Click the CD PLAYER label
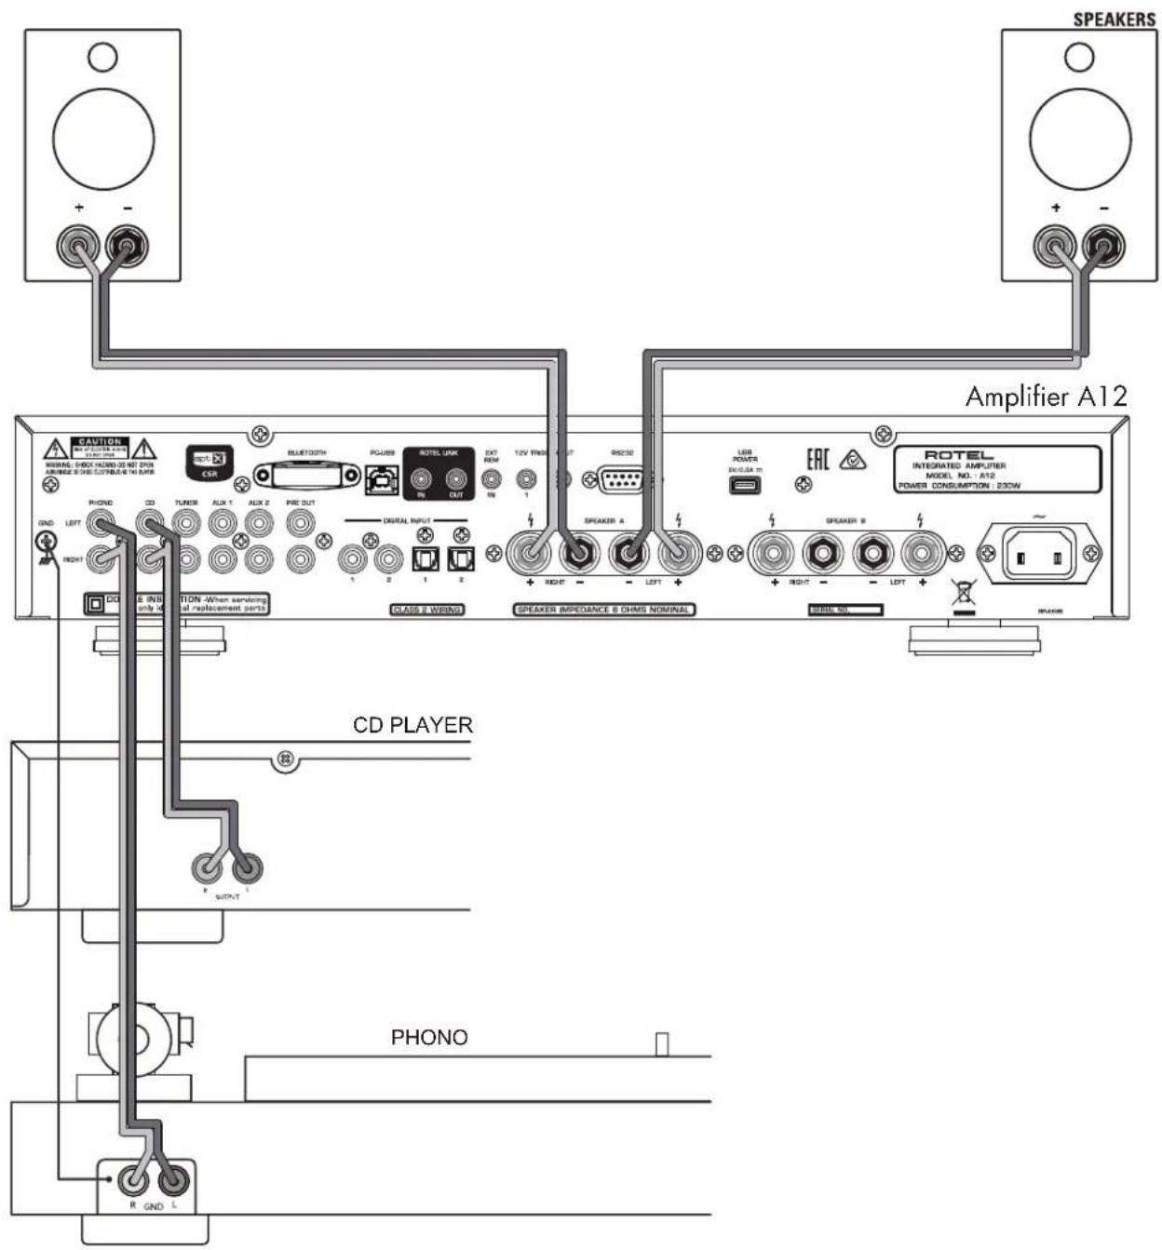pos(412,724)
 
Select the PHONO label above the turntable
pos(428,1037)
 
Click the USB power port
pos(744,486)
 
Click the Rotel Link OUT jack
pos(455,479)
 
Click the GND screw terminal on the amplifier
pos(44,543)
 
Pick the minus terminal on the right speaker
pos(1104,248)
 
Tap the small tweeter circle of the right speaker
pos(1079,56)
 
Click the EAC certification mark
pos(817,461)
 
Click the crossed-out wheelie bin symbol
pos(965,591)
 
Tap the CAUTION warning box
pos(100,450)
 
